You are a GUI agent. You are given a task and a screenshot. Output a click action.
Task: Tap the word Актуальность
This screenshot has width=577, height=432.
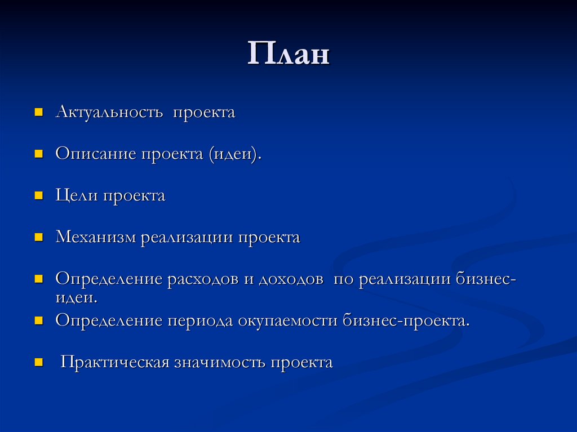coord(107,112)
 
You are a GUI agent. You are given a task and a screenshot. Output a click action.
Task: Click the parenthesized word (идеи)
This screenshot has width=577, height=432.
coord(236,154)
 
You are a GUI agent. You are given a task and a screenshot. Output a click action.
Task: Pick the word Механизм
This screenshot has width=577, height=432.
coord(96,237)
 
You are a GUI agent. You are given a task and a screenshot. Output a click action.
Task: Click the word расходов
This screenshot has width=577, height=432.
coord(202,279)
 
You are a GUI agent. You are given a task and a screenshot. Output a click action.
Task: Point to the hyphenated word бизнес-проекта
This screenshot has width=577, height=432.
coord(406,321)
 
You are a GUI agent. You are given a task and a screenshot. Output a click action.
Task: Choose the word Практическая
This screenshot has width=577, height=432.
coord(116,362)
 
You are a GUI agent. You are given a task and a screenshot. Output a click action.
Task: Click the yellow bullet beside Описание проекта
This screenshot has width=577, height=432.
coord(39,153)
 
